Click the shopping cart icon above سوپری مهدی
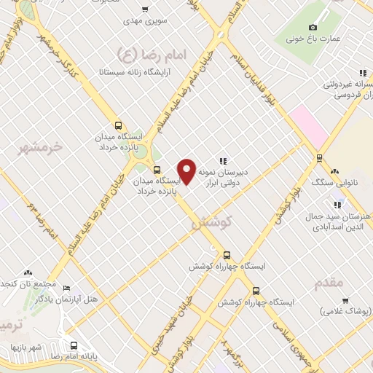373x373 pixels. [145, 9]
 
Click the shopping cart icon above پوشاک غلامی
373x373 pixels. [345, 300]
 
